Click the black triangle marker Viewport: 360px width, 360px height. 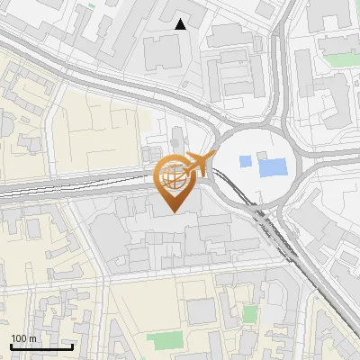click(181, 24)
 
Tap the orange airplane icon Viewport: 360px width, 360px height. click(195, 165)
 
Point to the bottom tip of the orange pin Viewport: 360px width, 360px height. click(174, 211)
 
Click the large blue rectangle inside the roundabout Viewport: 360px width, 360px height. click(272, 166)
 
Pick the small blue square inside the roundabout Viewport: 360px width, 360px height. click(245, 162)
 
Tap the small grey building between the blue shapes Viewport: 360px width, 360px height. click(257, 162)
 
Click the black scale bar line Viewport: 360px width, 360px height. click(40, 346)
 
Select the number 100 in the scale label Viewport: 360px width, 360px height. click(19, 338)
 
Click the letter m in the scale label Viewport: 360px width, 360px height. click(32, 338)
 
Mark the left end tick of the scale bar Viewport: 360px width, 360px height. click(10, 345)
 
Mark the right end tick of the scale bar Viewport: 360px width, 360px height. click(72, 345)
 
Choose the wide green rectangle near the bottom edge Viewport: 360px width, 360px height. click(163, 341)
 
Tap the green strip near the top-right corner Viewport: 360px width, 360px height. click(341, 59)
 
